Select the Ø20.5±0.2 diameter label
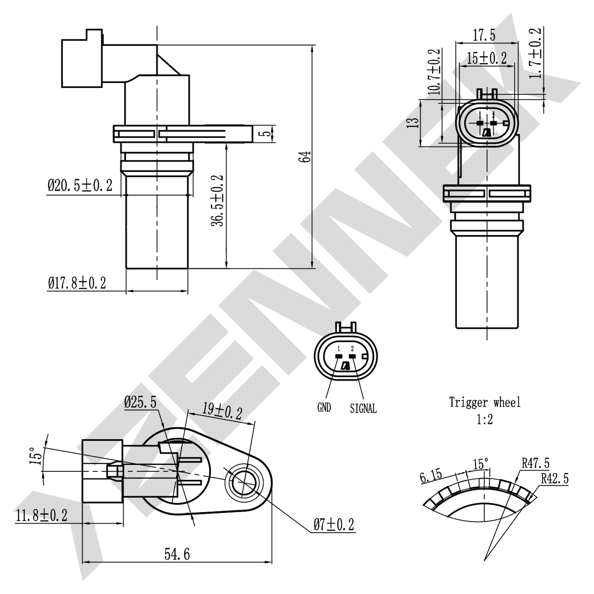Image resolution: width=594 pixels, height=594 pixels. (x=80, y=185)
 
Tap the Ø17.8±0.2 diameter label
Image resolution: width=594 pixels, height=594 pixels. (x=77, y=283)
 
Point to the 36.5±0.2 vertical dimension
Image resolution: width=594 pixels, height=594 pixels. (x=217, y=201)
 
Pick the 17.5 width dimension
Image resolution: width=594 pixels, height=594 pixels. (x=484, y=35)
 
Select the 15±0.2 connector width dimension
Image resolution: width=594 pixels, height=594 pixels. (x=487, y=58)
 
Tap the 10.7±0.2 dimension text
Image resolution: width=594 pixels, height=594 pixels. (x=435, y=72)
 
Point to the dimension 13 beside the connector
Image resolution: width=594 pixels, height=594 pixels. (x=413, y=122)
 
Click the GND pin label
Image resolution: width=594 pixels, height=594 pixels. (x=324, y=407)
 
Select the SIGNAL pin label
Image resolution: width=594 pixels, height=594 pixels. (x=363, y=408)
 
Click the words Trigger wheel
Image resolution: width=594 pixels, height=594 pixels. (x=485, y=402)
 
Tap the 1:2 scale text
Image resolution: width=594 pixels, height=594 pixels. (x=485, y=419)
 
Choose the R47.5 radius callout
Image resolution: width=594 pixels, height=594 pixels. (x=535, y=463)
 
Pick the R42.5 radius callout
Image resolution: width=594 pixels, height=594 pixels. (x=555, y=478)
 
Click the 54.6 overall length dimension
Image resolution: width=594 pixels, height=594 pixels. (x=177, y=554)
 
